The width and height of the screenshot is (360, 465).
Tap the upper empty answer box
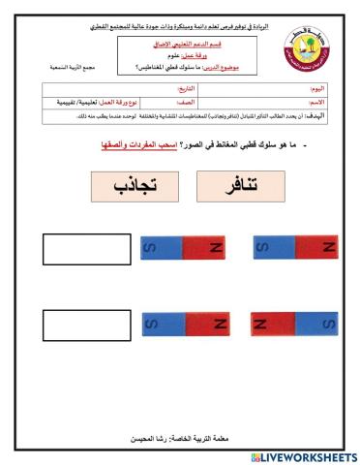[x=78, y=249]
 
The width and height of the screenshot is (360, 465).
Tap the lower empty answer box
[x=78, y=322]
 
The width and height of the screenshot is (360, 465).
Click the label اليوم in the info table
[x=318, y=88]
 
